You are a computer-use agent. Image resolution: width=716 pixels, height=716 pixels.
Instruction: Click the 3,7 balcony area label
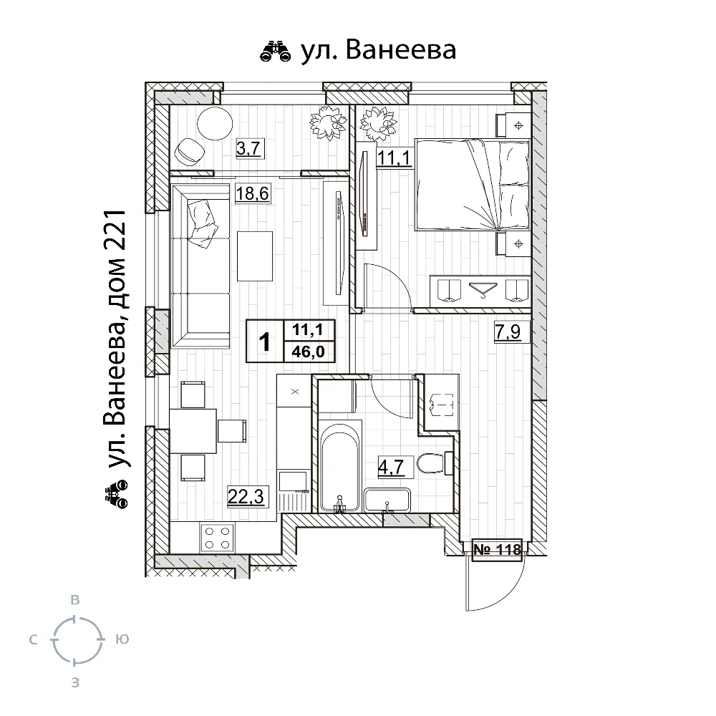[x=248, y=148]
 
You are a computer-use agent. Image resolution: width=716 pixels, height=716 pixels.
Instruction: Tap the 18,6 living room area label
[x=252, y=193]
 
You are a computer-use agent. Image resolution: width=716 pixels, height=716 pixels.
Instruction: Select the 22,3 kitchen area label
[x=246, y=496]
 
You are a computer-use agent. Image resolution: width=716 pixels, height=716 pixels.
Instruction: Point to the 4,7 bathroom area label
[x=391, y=467]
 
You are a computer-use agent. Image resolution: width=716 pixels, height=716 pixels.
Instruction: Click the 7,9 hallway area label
[x=508, y=331]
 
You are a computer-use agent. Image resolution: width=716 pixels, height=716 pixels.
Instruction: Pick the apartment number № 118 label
[x=497, y=549]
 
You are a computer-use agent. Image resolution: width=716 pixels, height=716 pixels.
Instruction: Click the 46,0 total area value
[x=308, y=352]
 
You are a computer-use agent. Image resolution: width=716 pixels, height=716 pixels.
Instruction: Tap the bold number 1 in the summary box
[x=264, y=342]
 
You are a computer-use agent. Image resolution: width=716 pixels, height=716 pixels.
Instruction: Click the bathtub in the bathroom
[x=341, y=467]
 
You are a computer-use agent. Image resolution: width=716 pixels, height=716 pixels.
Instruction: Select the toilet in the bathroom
[x=433, y=463]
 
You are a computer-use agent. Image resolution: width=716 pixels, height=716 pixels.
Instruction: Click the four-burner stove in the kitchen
[x=218, y=538]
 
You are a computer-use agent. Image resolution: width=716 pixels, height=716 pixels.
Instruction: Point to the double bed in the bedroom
[x=473, y=184]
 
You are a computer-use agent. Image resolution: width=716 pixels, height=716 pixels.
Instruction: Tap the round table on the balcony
[x=215, y=123]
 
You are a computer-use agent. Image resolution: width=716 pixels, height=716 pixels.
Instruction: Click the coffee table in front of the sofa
[x=255, y=256]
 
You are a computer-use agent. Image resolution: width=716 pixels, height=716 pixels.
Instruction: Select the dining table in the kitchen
[x=193, y=431]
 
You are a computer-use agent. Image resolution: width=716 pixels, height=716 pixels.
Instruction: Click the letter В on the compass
[x=75, y=600]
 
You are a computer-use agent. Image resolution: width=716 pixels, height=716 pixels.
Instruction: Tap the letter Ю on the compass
[x=122, y=639]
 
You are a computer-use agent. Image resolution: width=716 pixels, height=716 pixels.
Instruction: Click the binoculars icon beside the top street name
[x=276, y=51]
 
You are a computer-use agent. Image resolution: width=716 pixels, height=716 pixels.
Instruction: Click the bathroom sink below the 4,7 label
[x=387, y=500]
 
